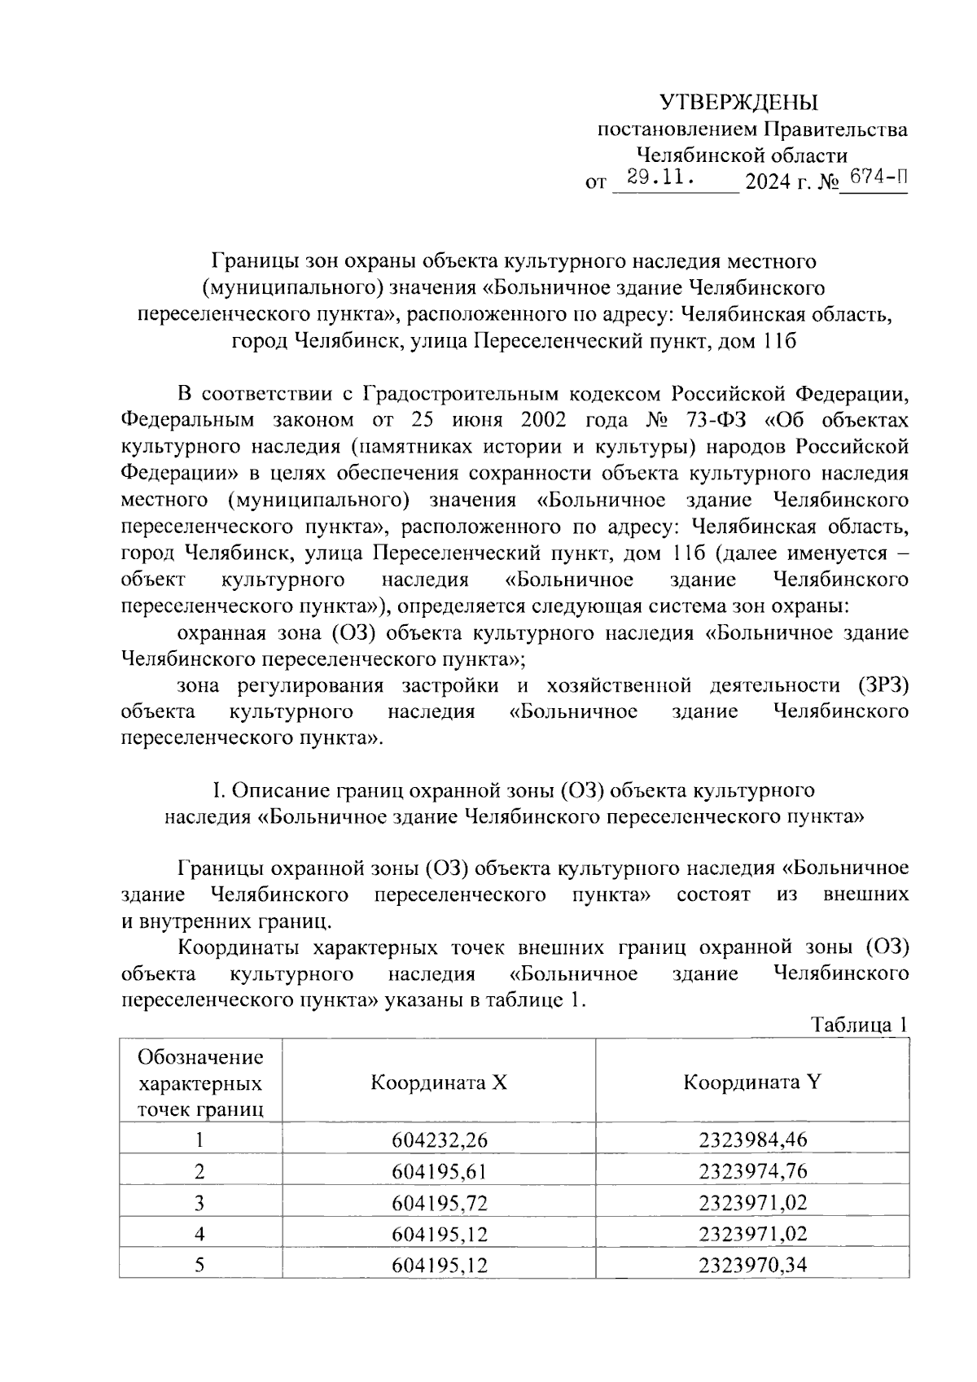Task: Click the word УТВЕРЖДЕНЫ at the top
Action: pos(738,103)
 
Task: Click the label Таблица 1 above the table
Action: pos(859,1025)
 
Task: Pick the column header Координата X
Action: pos(439,1082)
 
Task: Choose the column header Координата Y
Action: pos(752,1082)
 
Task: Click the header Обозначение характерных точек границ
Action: pos(200,1082)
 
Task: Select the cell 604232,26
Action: pos(439,1139)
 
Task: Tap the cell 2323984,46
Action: pos(752,1139)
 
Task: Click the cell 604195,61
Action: pos(439,1171)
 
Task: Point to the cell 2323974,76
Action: pos(752,1171)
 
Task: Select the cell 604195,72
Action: pos(439,1203)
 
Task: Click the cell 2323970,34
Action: pos(752,1266)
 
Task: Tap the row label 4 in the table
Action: pos(199,1235)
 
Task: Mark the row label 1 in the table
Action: pos(199,1139)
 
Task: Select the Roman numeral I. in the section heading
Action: pos(218,790)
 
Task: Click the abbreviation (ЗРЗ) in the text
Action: pos(883,684)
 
